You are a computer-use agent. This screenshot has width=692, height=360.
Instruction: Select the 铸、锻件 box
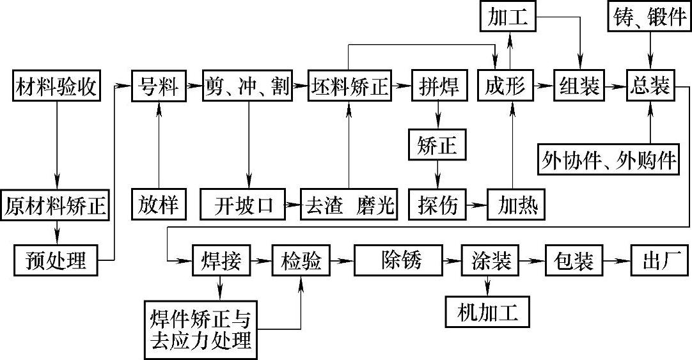[650, 18]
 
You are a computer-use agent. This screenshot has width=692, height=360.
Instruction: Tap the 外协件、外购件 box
[608, 159]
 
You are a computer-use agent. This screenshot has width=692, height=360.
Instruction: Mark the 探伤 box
[438, 205]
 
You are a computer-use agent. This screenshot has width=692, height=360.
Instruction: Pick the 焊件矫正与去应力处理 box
[200, 329]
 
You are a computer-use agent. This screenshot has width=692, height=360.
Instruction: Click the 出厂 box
[659, 260]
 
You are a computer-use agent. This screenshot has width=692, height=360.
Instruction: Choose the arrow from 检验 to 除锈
[344, 260]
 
